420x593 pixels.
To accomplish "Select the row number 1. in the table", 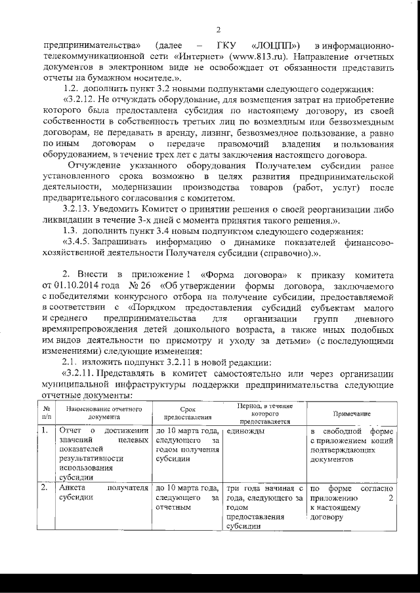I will pos(43,431).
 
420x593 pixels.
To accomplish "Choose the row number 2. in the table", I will pos(43,488).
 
